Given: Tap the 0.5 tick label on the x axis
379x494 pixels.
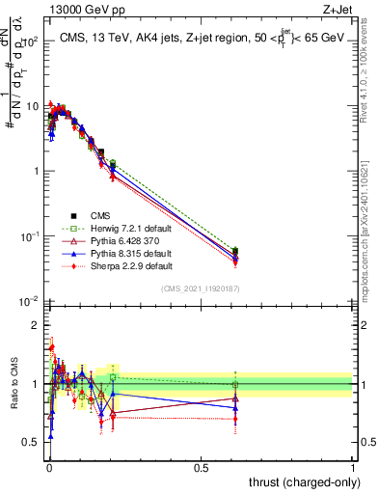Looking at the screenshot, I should (201, 468).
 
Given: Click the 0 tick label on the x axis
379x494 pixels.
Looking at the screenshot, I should (49, 468).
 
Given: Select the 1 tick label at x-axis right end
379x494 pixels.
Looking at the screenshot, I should (353, 468).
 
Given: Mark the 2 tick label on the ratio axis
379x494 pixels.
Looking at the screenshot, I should (37, 325).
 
